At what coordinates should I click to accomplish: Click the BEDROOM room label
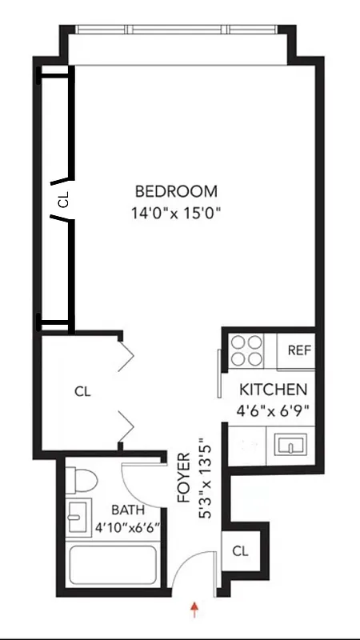(176, 192)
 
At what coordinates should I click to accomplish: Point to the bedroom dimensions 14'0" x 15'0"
(176, 214)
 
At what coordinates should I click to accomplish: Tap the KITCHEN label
(274, 390)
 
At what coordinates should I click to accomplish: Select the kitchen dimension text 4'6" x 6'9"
(274, 410)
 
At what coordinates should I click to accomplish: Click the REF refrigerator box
(299, 350)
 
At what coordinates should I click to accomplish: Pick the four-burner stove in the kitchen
(247, 350)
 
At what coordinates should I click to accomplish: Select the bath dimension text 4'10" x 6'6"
(128, 527)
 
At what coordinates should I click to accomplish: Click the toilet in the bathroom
(82, 480)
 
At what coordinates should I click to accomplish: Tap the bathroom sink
(78, 518)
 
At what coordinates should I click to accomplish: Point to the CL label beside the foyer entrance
(240, 551)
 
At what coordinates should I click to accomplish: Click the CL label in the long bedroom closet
(63, 198)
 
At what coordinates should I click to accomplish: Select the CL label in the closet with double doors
(82, 392)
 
